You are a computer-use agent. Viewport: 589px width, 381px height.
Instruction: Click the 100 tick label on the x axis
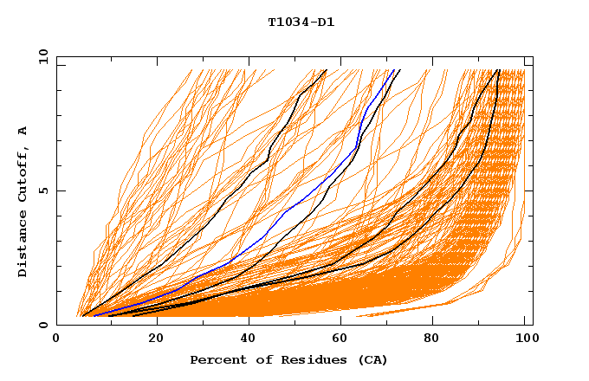click(525, 339)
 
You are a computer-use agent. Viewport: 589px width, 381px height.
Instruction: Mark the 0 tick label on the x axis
click(56, 339)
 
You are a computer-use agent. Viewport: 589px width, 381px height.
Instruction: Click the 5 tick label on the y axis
click(43, 190)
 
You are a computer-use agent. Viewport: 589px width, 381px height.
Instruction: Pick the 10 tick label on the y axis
click(40, 57)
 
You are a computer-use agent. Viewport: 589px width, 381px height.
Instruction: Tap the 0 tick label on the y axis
click(43, 325)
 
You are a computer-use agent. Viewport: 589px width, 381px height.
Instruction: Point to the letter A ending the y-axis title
click(23, 131)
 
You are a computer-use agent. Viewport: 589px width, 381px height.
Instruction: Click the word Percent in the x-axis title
click(217, 359)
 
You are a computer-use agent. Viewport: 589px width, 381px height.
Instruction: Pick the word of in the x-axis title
click(257, 359)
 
